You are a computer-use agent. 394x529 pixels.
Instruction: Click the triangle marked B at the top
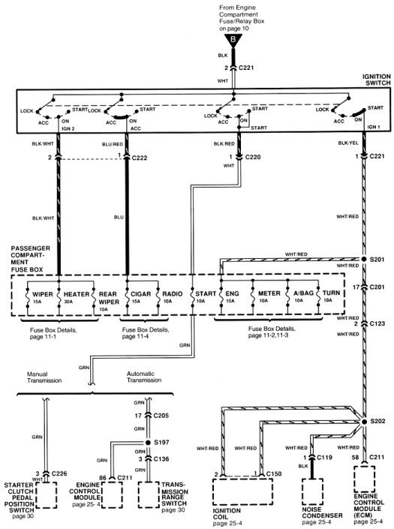[x=233, y=41]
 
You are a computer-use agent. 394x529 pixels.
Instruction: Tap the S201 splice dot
[x=364, y=259]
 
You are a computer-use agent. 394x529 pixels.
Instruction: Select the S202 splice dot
[x=364, y=422]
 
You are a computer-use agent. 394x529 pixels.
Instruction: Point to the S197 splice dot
[x=148, y=442]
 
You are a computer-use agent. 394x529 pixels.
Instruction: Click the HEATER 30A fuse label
[x=77, y=297]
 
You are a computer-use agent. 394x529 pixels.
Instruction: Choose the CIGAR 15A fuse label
[x=140, y=297]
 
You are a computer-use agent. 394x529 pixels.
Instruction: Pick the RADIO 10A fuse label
[x=172, y=297]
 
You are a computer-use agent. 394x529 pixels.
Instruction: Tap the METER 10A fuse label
[x=269, y=296]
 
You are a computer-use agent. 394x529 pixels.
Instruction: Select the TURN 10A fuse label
[x=331, y=296]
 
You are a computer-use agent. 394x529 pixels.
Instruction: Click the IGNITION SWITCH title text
[x=377, y=80]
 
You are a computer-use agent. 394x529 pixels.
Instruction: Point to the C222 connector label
[x=140, y=158]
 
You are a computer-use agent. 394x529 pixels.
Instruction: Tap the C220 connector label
[x=253, y=157]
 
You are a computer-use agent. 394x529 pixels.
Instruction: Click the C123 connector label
[x=377, y=323]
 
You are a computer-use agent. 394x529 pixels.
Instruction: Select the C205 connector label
[x=161, y=416]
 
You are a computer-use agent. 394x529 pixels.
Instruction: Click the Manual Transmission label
[x=44, y=377]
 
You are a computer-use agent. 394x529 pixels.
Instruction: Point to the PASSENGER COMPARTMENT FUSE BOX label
[x=31, y=259]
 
